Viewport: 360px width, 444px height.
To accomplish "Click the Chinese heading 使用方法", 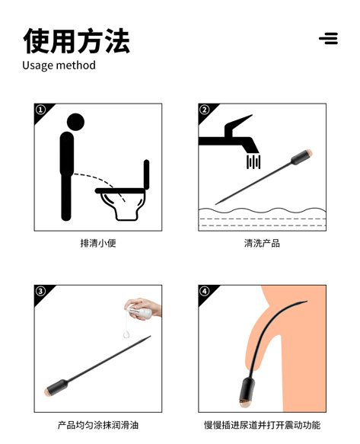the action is [x=76, y=41].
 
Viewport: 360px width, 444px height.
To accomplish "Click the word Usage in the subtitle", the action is [x=36, y=65].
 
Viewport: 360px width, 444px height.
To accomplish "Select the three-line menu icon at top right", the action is [x=329, y=38].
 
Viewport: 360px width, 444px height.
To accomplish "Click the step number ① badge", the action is [x=41, y=110].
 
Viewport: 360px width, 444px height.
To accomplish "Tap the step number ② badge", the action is [x=205, y=110].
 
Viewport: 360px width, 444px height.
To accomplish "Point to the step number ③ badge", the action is [x=41, y=291].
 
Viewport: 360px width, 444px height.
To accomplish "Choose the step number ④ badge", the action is [x=205, y=291].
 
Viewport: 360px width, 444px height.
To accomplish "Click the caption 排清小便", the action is [x=98, y=243].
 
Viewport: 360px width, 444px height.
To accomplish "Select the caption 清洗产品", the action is [x=262, y=243].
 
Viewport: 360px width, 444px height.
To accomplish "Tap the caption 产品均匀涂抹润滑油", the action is [x=98, y=425].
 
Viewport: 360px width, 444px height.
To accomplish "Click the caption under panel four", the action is [x=262, y=425].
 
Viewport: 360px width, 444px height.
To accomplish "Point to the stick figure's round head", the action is [x=75, y=122].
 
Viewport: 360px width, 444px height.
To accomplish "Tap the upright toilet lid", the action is [x=146, y=174].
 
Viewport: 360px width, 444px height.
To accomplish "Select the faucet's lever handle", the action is [x=237, y=125].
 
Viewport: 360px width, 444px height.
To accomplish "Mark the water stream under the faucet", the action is [x=253, y=162].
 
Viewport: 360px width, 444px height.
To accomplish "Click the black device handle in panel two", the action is [x=301, y=158].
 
